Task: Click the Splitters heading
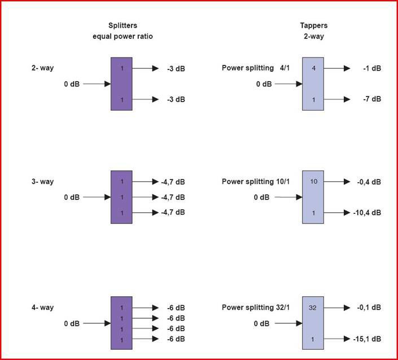[123, 26]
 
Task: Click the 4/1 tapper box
[313, 84]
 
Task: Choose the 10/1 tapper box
[313, 197]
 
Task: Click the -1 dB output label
[372, 68]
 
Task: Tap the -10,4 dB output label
[369, 213]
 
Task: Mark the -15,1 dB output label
[369, 339]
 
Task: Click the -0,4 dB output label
[370, 182]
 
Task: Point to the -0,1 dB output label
[370, 308]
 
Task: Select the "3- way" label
[42, 182]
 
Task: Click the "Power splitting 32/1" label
[256, 308]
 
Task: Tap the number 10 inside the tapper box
[313, 182]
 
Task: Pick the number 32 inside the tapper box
[313, 308]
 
